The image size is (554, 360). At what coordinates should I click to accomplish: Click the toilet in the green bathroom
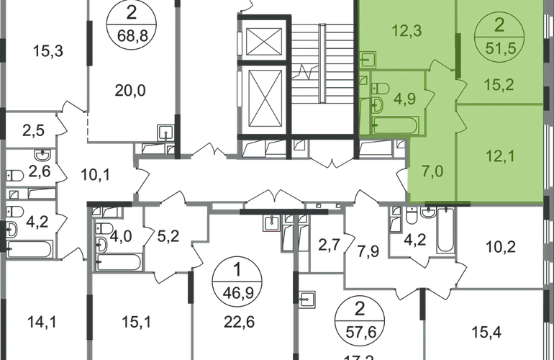(x=381, y=89)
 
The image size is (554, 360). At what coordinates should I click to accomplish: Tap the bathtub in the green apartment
(x=394, y=127)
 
